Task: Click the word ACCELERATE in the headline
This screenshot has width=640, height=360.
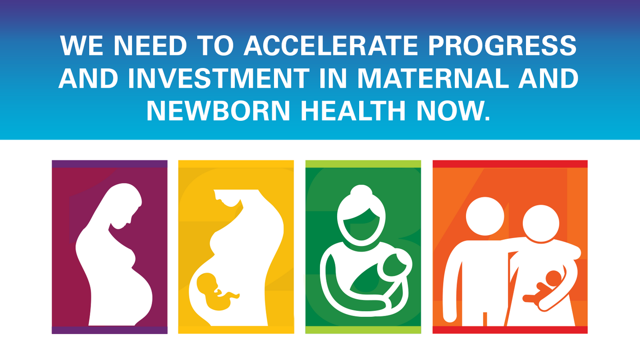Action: tap(331, 46)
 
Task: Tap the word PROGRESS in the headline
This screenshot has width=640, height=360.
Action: tap(502, 46)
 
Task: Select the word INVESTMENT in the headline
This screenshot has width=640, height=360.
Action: tap(218, 78)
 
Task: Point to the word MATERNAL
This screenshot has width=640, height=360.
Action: tap(433, 78)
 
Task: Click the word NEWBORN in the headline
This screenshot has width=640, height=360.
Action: tap(219, 110)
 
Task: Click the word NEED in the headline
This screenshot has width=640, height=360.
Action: tap(150, 46)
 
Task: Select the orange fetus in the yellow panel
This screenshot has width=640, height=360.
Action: tap(216, 292)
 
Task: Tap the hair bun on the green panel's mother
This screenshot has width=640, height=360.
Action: tap(361, 191)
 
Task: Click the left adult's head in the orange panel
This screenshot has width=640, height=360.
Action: tap(485, 216)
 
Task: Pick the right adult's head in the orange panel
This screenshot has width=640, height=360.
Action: tap(541, 223)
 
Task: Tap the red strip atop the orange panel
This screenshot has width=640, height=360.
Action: tap(510, 164)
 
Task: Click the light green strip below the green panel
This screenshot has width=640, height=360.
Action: tap(363, 330)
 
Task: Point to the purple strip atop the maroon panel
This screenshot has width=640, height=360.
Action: tap(110, 164)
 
